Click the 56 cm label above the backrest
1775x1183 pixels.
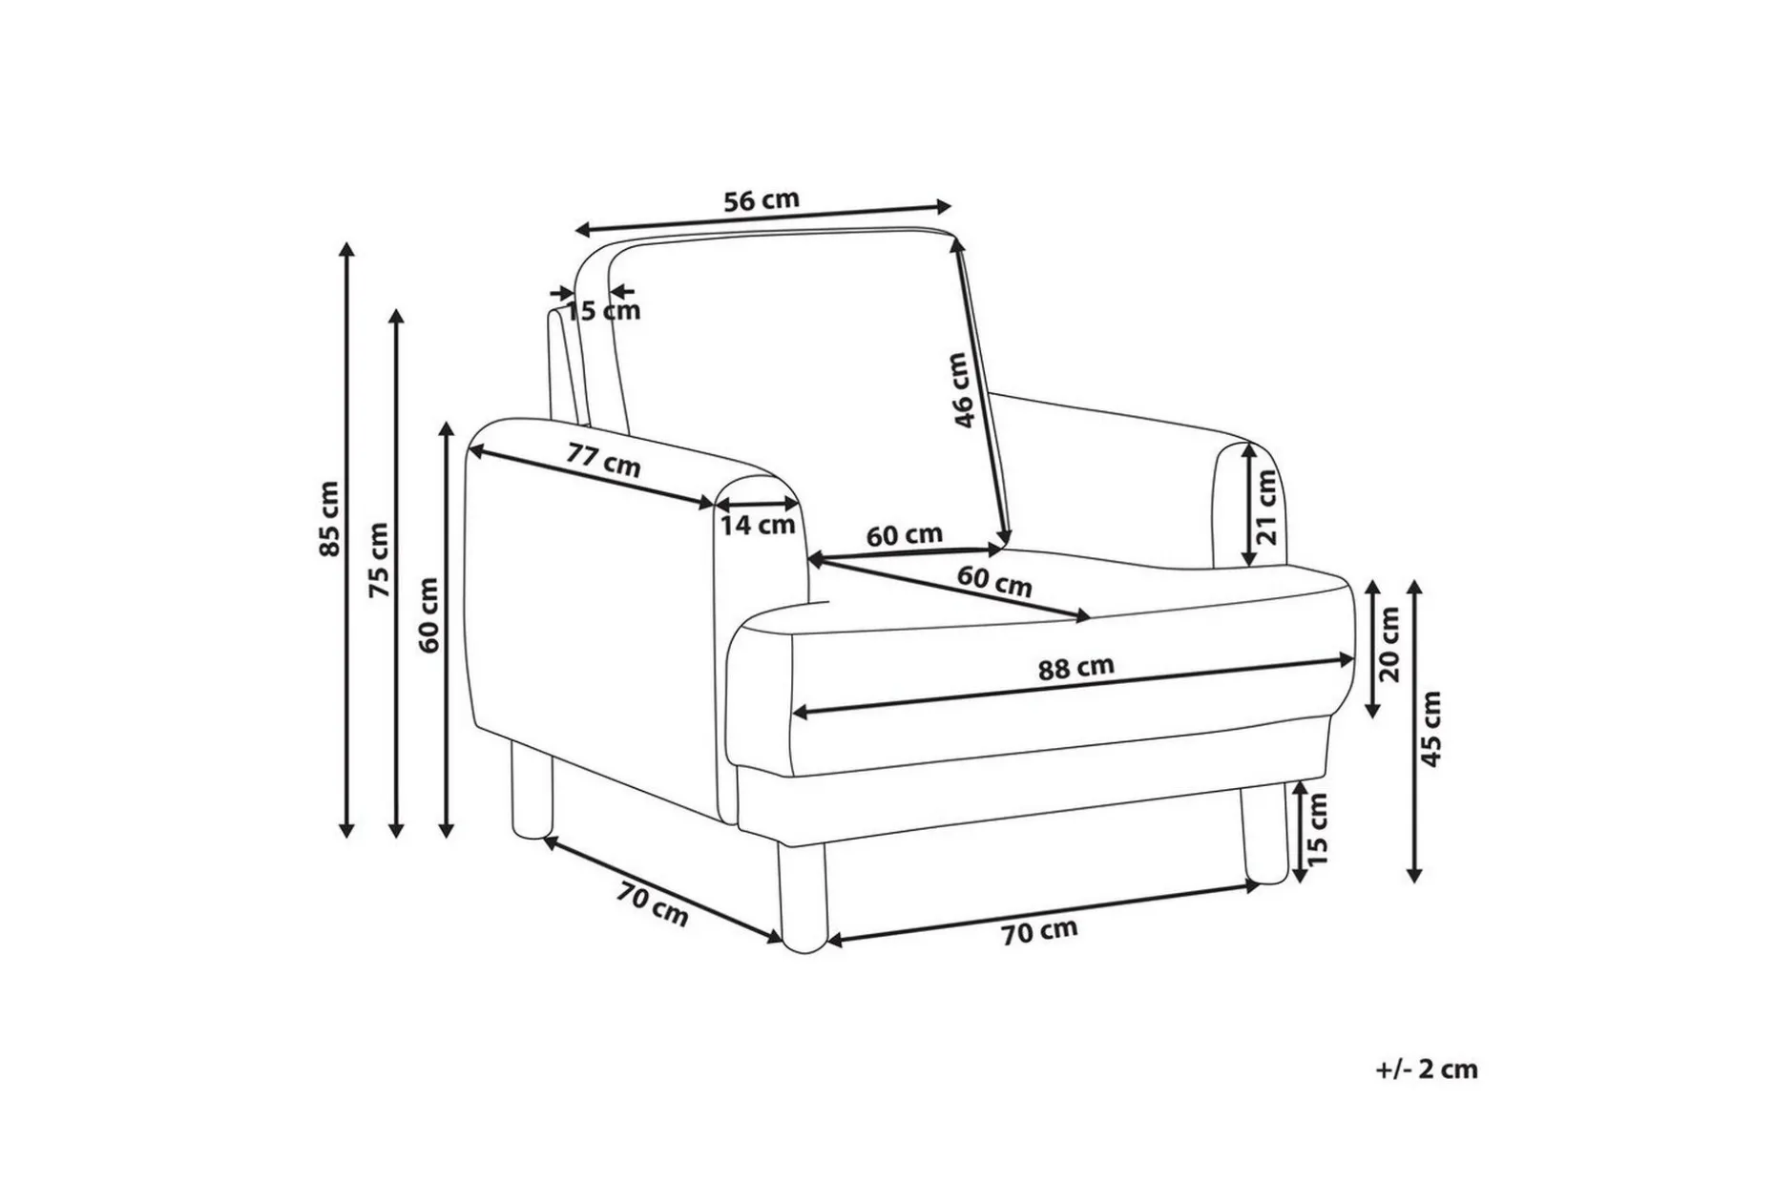click(x=761, y=201)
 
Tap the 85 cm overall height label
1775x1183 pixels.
click(x=329, y=519)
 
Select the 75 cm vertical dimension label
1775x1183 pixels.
click(x=379, y=560)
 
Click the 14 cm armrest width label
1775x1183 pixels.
click(x=758, y=524)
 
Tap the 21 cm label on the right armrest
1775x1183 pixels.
click(x=1266, y=507)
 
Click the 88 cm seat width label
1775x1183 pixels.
click(x=1075, y=666)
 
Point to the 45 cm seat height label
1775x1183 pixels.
click(x=1430, y=729)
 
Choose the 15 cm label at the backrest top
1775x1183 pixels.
click(x=603, y=310)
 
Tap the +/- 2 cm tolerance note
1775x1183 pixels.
click(x=1427, y=1069)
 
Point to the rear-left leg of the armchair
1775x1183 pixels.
click(x=532, y=793)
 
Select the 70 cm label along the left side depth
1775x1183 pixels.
click(x=652, y=904)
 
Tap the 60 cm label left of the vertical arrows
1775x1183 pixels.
click(x=429, y=614)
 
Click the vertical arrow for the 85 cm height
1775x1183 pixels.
click(x=347, y=540)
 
